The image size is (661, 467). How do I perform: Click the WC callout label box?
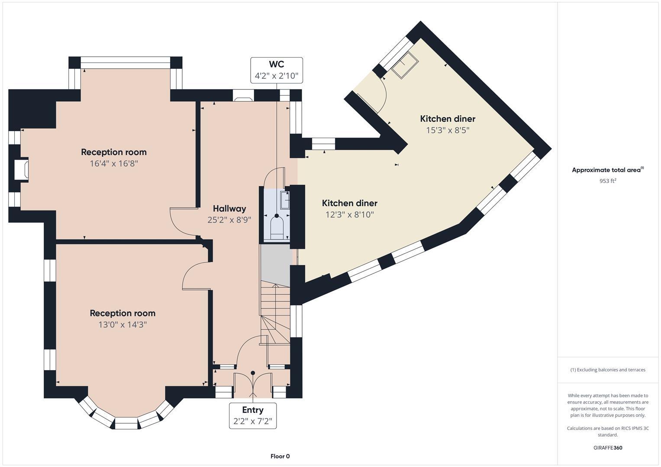276,70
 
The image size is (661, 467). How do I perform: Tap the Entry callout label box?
252,416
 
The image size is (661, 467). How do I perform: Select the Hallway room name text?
229,208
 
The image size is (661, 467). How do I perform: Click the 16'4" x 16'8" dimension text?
114,163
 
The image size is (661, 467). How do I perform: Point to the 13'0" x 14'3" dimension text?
123,325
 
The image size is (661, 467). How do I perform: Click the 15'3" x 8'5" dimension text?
448,130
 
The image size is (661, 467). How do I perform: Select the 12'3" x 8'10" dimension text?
349,214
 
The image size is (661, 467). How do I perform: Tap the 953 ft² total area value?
607,181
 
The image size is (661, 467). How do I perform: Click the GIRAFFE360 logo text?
607,448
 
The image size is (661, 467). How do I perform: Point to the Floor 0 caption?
280,456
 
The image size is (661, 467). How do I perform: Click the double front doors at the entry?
253,385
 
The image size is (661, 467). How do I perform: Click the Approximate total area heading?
607,170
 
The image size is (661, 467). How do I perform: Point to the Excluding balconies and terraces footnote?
607,370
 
